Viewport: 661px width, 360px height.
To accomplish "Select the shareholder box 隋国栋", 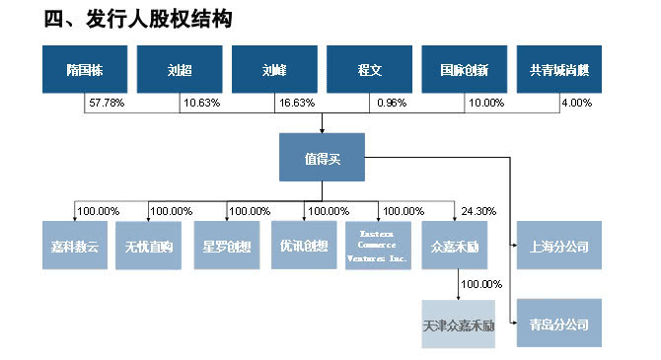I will (86, 70).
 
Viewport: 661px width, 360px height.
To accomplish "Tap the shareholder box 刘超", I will (180, 70).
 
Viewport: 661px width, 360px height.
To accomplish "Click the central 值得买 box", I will (323, 157).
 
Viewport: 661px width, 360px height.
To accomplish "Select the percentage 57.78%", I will (107, 103).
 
